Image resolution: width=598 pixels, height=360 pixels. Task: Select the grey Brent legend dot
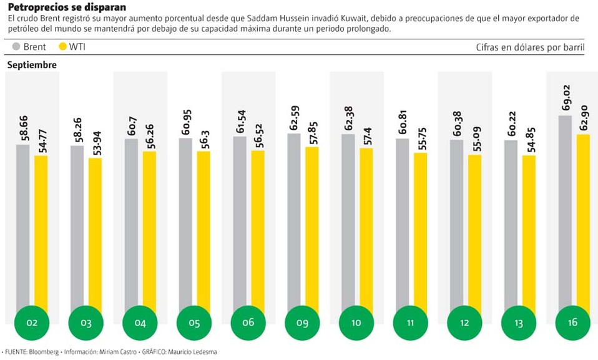[16, 47]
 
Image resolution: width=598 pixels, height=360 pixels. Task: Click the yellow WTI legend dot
[62, 47]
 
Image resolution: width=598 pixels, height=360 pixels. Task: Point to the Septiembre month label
[32, 65]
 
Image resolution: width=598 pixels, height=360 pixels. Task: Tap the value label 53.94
[96, 141]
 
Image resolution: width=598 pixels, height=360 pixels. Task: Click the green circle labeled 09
[303, 323]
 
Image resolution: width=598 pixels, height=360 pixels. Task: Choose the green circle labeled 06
[248, 323]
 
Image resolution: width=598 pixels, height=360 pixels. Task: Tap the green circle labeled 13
[519, 323]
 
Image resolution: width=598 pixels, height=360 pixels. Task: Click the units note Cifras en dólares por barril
[530, 47]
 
